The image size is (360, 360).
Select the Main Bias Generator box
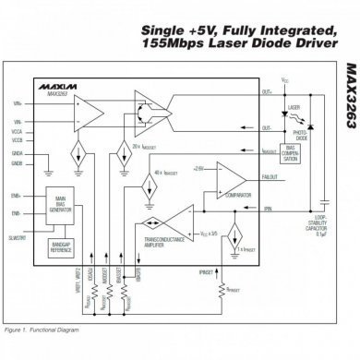click(x=62, y=204)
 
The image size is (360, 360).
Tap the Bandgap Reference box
click(x=62, y=246)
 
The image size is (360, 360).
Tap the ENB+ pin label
click(x=18, y=197)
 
